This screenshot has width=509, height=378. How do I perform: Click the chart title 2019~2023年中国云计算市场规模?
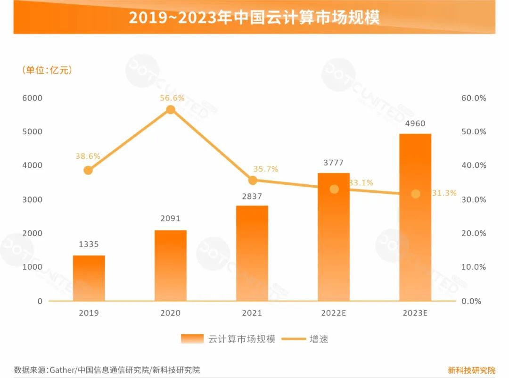pos(254,17)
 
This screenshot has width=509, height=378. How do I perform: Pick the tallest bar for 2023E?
pos(415,217)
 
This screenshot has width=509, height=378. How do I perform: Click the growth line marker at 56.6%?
pos(171,110)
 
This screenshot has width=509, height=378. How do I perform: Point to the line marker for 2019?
pos(88,170)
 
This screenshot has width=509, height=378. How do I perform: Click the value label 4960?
pos(415,124)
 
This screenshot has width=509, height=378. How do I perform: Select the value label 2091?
pos(170,219)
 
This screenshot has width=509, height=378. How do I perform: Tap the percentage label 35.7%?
pos(266,169)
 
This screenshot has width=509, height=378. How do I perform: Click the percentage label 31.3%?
pos(444,193)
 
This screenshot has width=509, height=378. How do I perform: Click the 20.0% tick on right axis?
pos(474,233)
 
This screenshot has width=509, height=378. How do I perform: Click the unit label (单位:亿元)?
pos(47,70)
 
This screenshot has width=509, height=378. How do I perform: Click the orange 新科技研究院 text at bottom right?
pos(471,370)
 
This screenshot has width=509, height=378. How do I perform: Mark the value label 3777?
pos(333,163)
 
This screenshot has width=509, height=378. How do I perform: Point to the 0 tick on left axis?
pos(40,301)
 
